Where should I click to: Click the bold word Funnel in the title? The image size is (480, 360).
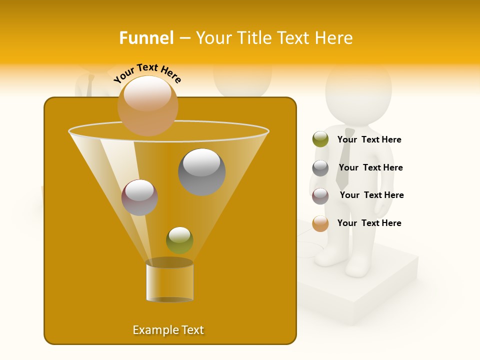click(146, 38)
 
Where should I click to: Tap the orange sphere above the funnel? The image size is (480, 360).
click(147, 105)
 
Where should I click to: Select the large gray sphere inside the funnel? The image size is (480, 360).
click(201, 171)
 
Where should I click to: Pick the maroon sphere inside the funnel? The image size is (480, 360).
click(139, 197)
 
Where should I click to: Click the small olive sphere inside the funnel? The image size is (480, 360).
click(179, 240)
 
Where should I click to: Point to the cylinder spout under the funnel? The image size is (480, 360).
click(169, 281)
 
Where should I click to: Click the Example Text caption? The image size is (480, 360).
click(168, 330)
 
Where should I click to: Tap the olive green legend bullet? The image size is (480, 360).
click(320, 139)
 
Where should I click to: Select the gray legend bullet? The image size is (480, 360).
click(320, 167)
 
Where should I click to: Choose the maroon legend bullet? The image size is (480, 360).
click(320, 195)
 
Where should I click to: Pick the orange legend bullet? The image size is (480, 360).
click(320, 223)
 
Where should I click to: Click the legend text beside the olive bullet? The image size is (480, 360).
click(369, 139)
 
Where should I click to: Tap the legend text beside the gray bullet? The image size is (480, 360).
click(370, 167)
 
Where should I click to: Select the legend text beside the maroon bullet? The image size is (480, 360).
click(371, 195)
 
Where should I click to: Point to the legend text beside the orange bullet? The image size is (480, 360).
click(369, 223)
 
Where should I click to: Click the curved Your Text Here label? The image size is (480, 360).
click(147, 73)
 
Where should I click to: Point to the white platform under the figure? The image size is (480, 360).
click(370, 290)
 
